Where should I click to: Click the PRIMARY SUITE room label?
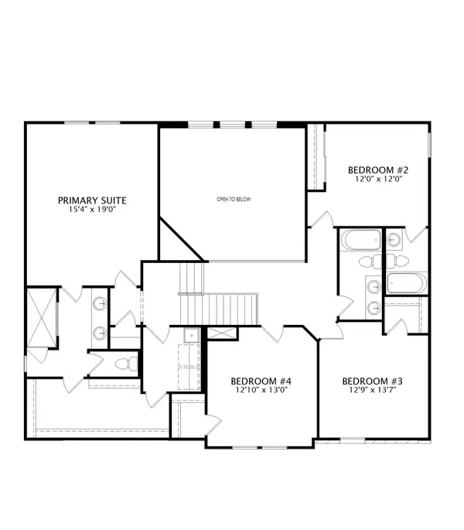[x=92, y=200]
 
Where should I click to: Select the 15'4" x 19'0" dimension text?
[x=92, y=210]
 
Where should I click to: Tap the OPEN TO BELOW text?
[x=234, y=200]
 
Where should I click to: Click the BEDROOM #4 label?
[x=261, y=381]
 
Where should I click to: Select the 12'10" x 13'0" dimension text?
[x=261, y=392]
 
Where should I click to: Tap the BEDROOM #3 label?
[x=373, y=381]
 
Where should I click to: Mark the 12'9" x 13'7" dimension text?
[x=373, y=392]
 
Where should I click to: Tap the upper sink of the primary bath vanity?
[x=100, y=305]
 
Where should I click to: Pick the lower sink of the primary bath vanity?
[x=100, y=333]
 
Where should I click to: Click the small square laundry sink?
[x=190, y=336]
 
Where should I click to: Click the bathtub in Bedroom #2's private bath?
[x=405, y=283]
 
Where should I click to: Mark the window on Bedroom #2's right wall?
[x=428, y=156]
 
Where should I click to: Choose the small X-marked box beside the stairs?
[x=220, y=332]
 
